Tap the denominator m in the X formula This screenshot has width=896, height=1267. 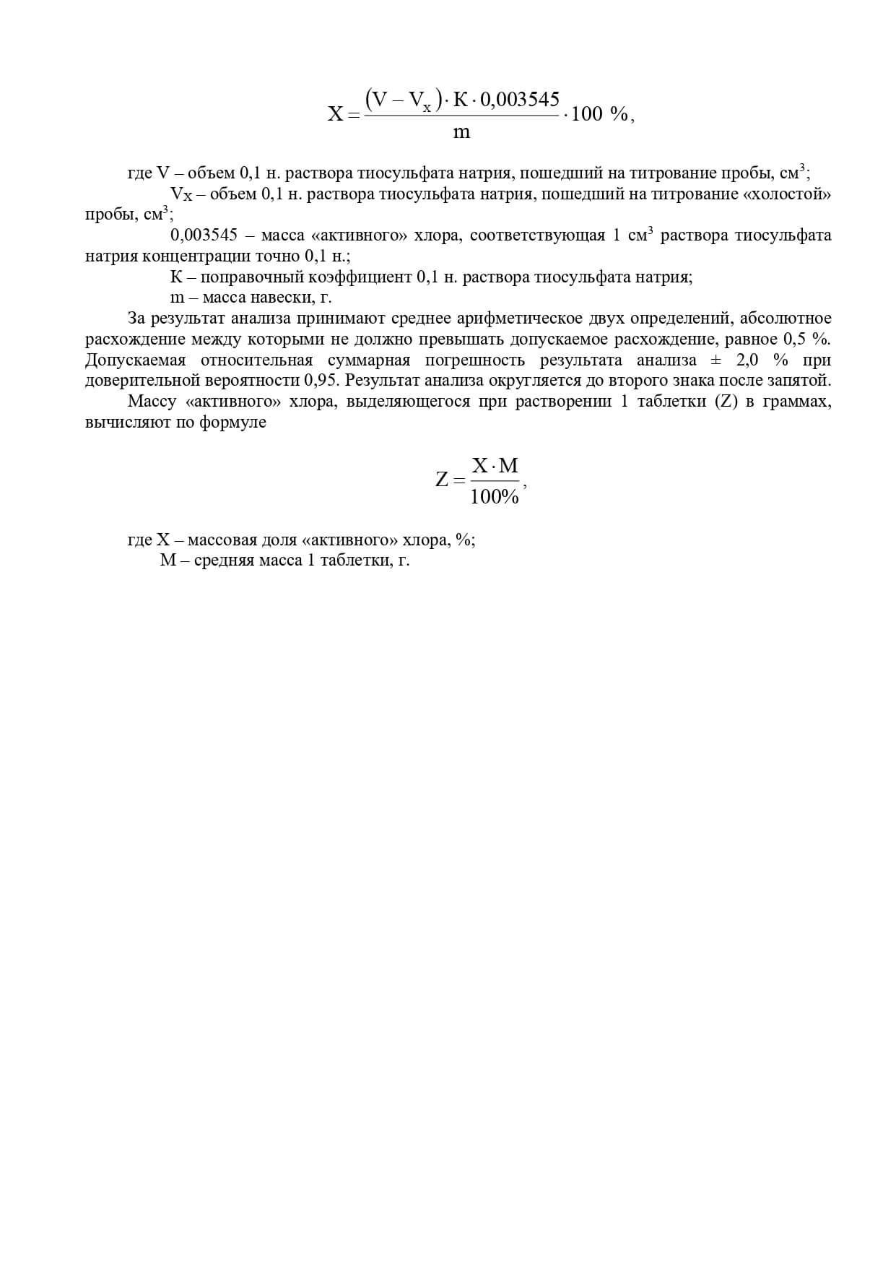(x=461, y=132)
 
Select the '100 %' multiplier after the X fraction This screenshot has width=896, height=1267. (x=599, y=114)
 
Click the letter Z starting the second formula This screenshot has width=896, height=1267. (x=443, y=479)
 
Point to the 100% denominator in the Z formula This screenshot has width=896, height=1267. (x=495, y=497)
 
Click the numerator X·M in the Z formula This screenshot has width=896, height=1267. (x=495, y=466)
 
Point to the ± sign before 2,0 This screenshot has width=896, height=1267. (x=716, y=360)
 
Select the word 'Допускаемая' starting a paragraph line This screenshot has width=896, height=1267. (x=136, y=360)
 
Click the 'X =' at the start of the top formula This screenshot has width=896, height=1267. (x=342, y=114)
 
